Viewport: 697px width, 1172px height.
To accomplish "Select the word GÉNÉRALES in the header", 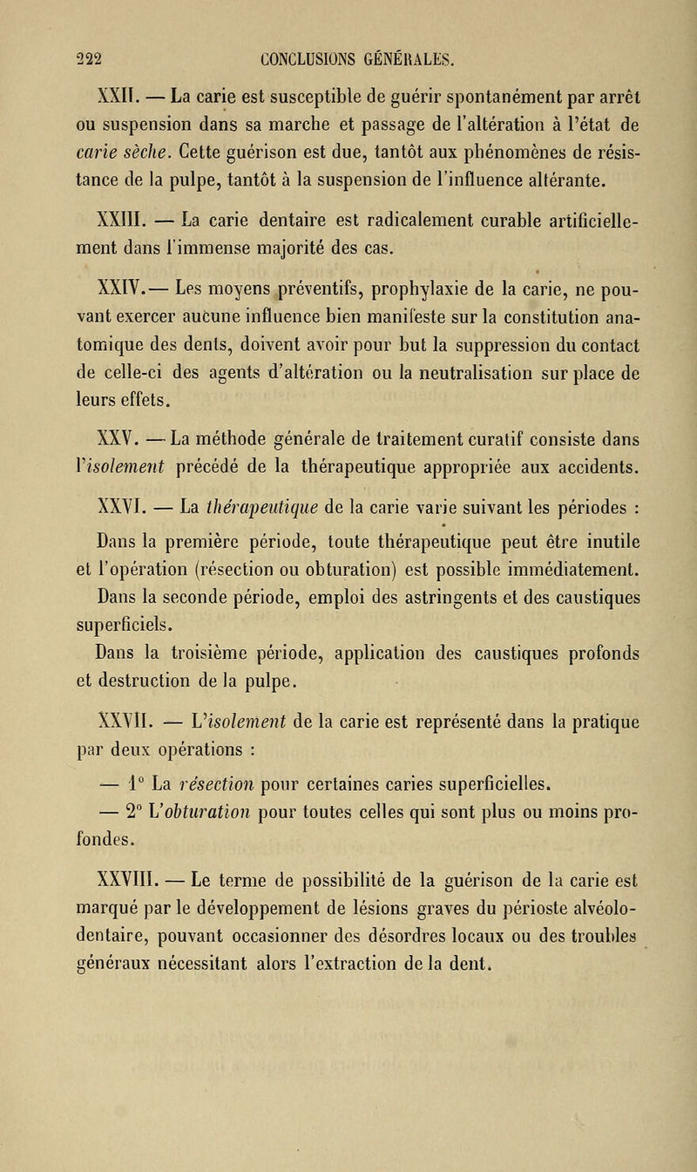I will (x=445, y=36).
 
